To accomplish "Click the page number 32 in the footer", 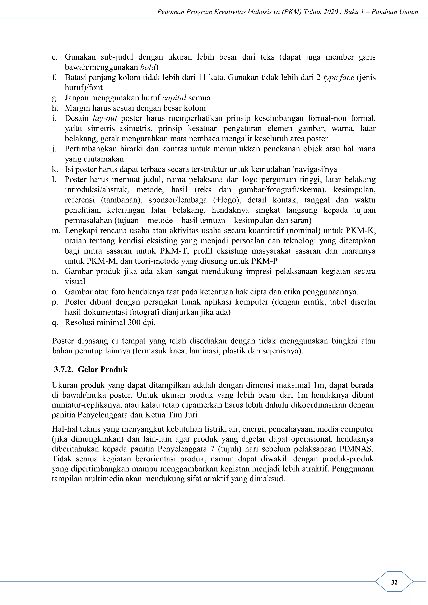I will pyautogui.click(x=394, y=582).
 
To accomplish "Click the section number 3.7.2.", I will pyautogui.click(x=64, y=369).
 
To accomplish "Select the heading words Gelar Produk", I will pyautogui.click(x=103, y=369).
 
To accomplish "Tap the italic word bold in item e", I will pyautogui.click(x=148, y=67).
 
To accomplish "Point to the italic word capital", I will pyautogui.click(x=174, y=98).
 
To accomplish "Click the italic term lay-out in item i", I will pyautogui.click(x=105, y=118).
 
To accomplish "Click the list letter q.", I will pyautogui.click(x=55, y=323).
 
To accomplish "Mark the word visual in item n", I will pyautogui.click(x=75, y=282).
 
